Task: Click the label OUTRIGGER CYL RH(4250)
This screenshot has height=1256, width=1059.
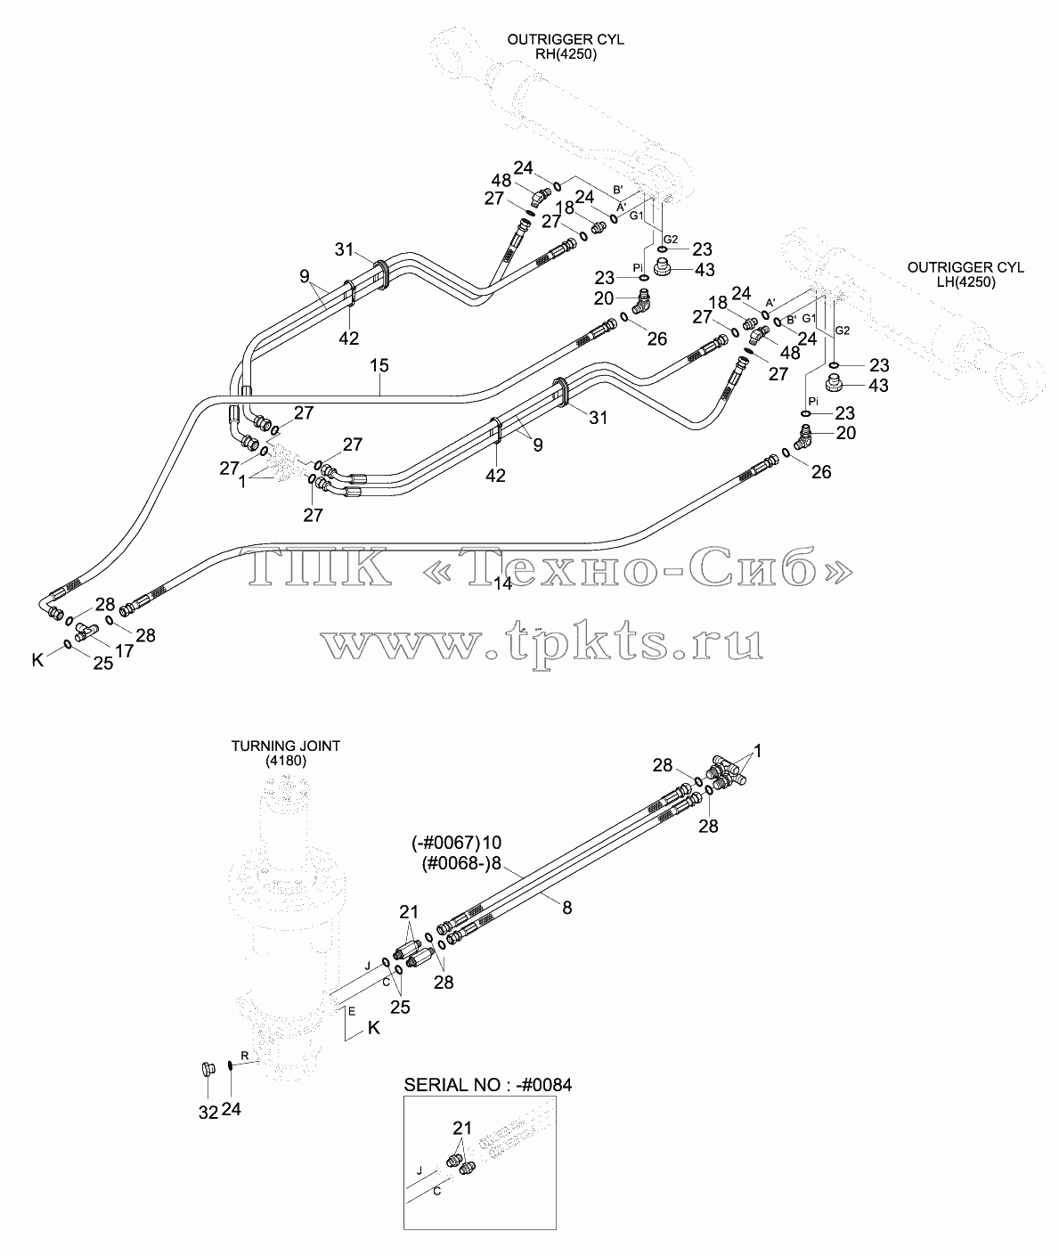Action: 566,47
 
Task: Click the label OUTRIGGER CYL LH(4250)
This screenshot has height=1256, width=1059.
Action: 965,274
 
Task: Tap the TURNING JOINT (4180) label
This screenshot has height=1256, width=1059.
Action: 286,753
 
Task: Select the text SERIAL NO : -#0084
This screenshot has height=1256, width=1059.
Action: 488,1085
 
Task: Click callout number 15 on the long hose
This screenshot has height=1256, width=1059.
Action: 379,365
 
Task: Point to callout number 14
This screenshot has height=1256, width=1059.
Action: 502,583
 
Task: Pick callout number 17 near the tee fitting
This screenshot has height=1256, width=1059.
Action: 125,651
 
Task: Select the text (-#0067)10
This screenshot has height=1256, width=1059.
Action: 456,843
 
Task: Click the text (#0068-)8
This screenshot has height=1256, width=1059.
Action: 461,864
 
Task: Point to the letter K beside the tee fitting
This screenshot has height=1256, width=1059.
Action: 38,660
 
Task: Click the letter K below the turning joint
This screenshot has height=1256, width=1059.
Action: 373,1028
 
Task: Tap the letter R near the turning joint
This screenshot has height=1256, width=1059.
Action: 245,1055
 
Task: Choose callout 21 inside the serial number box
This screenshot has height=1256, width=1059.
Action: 462,1128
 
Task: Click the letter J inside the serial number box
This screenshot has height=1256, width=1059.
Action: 420,1170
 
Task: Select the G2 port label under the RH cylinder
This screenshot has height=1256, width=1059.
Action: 671,240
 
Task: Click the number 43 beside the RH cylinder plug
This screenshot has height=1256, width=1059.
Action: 705,270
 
